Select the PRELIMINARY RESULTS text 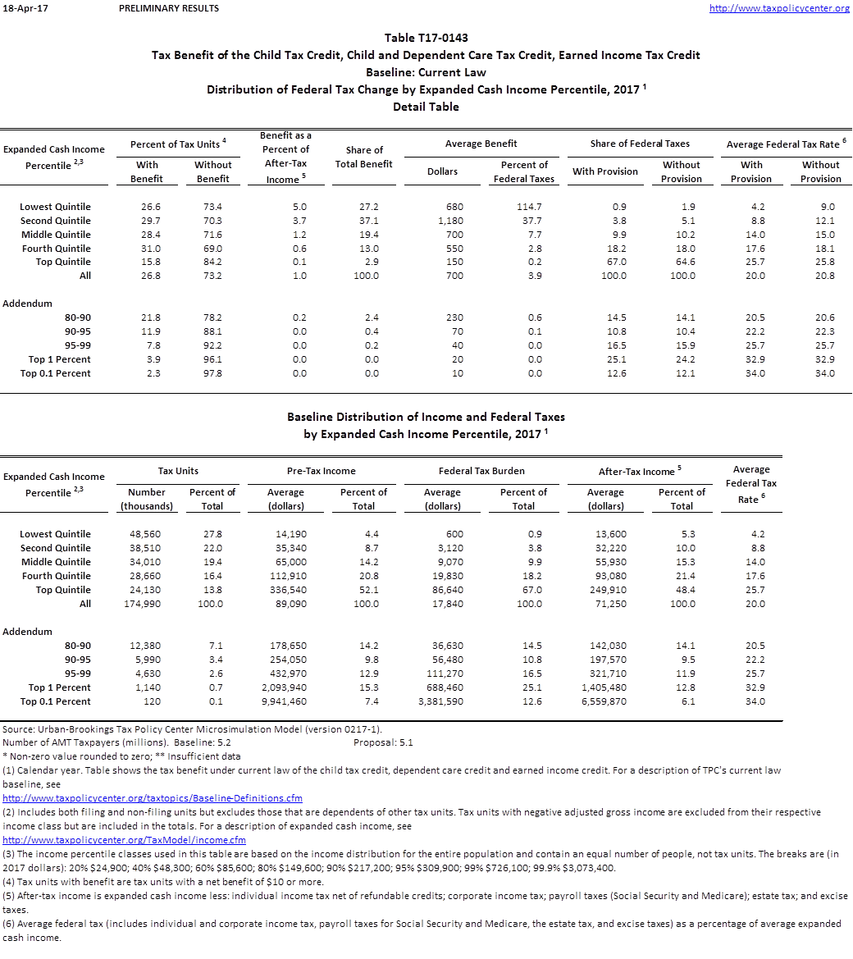coord(168,8)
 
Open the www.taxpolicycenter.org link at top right coord(778,8)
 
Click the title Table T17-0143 coord(426,38)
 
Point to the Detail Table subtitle coord(426,107)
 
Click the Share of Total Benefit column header coord(364,157)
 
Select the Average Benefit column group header coord(481,144)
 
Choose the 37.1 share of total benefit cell coord(364,221)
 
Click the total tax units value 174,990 coord(147,604)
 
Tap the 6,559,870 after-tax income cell coord(604,701)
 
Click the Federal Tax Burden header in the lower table coord(481,471)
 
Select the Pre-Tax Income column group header coord(322,471)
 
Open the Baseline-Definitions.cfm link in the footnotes coord(153,798)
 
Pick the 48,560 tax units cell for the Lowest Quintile coord(147,534)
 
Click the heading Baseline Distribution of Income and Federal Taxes coord(426,417)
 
